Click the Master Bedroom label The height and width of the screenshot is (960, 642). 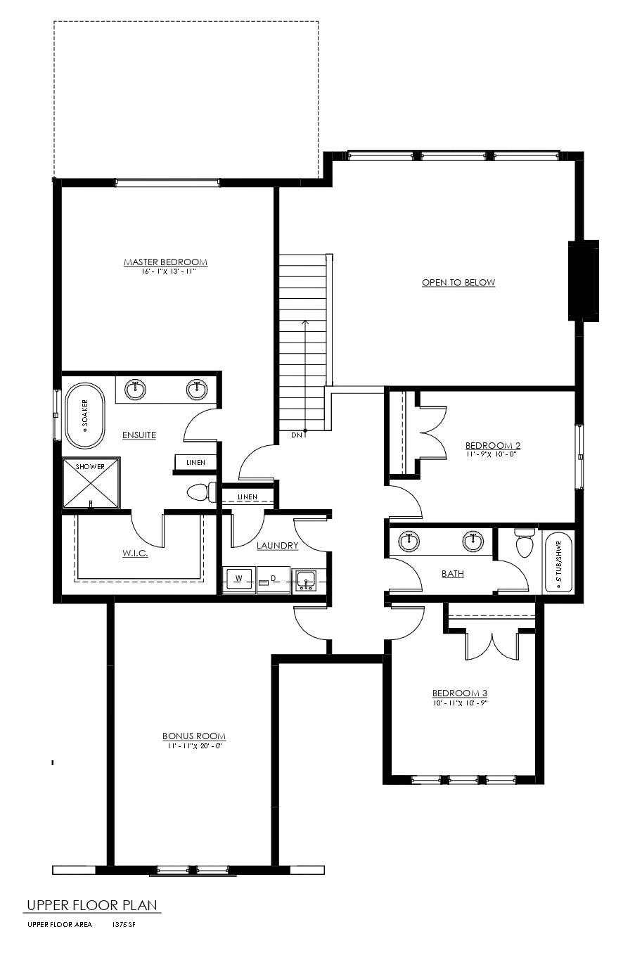click(x=165, y=262)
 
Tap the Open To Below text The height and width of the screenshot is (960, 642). click(x=458, y=283)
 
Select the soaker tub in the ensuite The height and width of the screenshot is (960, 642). click(x=85, y=416)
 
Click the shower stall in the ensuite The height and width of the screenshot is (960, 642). click(x=91, y=483)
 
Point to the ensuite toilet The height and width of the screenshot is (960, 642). click(x=201, y=492)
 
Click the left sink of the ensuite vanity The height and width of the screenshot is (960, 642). click(x=136, y=390)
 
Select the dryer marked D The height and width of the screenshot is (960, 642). click(x=274, y=580)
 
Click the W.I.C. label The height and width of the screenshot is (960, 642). click(x=136, y=553)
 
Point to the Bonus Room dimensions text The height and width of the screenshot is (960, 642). click(x=193, y=746)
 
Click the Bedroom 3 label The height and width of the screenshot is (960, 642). click(x=460, y=693)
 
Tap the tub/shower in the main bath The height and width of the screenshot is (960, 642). click(x=558, y=563)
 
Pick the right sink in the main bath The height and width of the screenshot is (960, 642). click(x=473, y=542)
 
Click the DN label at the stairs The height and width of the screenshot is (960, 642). click(x=297, y=435)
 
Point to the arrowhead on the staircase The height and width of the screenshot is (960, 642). click(x=305, y=322)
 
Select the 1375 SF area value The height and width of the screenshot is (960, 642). click(x=124, y=924)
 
